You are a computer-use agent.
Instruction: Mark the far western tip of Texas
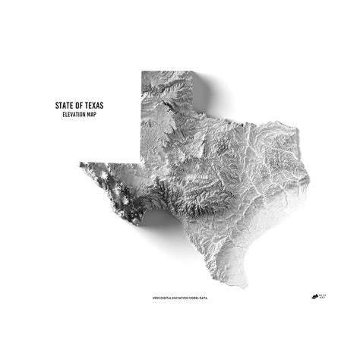[x=79, y=163]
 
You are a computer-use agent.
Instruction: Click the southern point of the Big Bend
[x=139, y=223]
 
